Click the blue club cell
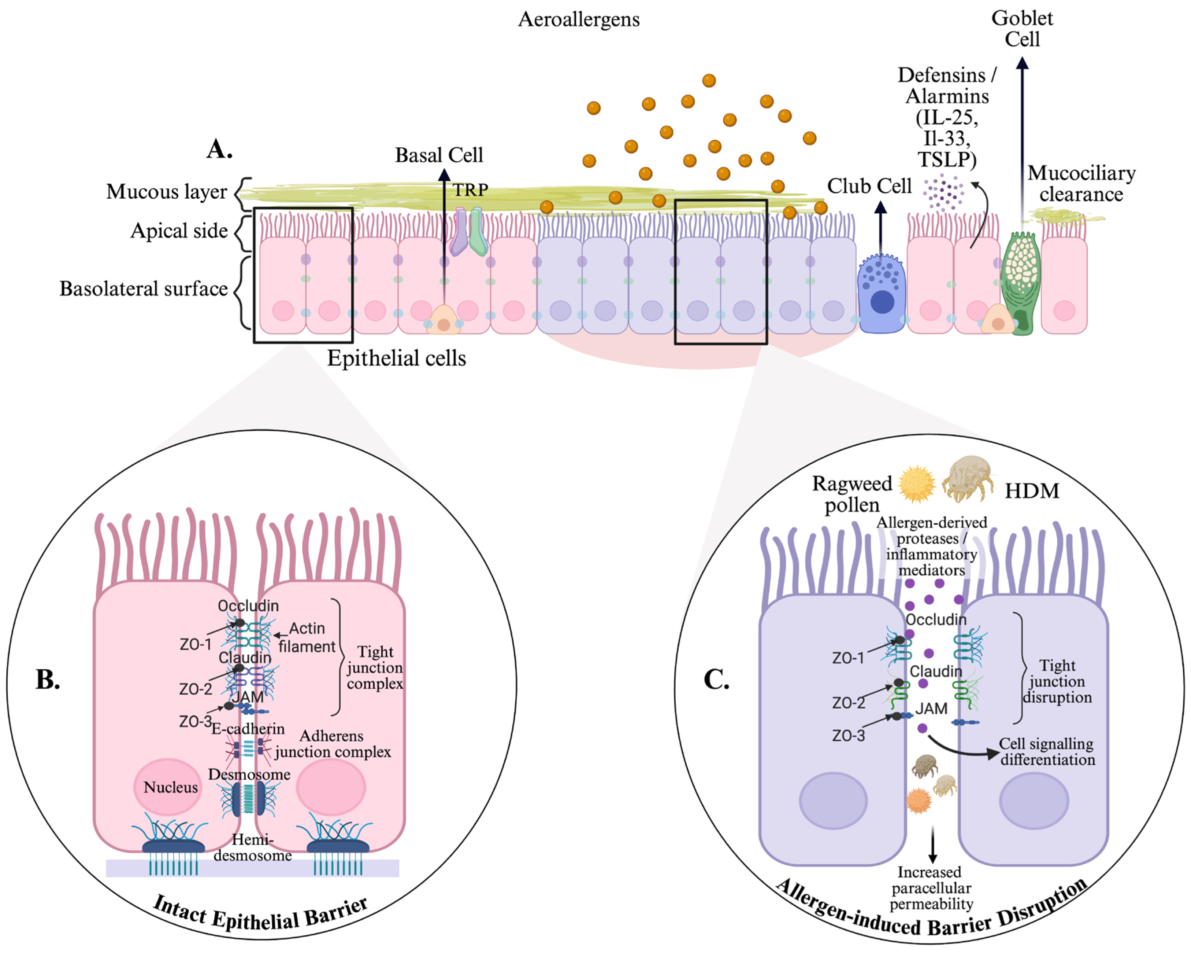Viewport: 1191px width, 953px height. [881, 293]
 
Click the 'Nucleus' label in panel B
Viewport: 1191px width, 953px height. [170, 787]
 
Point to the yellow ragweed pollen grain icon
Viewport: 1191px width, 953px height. [917, 484]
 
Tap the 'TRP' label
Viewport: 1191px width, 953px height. [471, 190]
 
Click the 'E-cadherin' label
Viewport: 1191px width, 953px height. [248, 729]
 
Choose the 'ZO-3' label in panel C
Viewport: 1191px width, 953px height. [849, 736]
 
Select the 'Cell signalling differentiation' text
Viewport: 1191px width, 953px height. [1047, 752]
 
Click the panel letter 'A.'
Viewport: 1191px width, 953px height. [219, 149]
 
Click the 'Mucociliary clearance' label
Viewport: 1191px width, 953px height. [1081, 184]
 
